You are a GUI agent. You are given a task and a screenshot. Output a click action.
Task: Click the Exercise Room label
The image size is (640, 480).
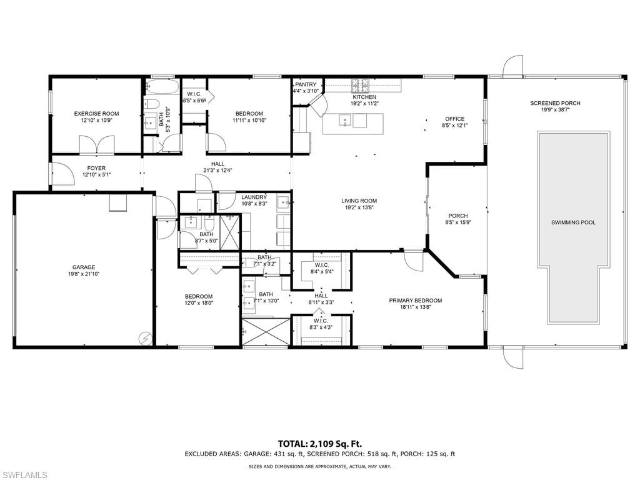[x=96, y=114]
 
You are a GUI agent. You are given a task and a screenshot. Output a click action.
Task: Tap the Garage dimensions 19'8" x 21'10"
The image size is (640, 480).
[x=84, y=274]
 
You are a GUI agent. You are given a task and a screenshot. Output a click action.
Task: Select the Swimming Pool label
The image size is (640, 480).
[x=573, y=222]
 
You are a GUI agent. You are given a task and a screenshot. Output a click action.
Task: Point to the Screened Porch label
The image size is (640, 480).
[x=555, y=103]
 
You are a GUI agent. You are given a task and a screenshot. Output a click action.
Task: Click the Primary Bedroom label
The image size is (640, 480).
[x=415, y=300]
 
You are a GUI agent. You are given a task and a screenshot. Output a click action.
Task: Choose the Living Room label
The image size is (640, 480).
[x=359, y=201]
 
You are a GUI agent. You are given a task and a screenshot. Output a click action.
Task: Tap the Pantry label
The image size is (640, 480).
[x=306, y=84]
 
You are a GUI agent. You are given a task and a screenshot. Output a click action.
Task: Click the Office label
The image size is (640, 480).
[x=454, y=119]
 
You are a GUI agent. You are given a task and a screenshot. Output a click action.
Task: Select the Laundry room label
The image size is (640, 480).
[x=254, y=197]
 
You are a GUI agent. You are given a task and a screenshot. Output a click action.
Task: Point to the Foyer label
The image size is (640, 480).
[x=96, y=168]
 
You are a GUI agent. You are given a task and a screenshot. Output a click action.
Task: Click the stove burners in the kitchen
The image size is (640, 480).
[x=359, y=84]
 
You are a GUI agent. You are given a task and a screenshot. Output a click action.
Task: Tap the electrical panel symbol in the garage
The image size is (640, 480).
[x=146, y=337]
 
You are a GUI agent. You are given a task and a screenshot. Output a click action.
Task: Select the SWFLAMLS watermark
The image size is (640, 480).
[x=24, y=475]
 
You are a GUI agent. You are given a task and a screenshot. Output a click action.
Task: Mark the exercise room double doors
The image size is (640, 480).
[x=97, y=146]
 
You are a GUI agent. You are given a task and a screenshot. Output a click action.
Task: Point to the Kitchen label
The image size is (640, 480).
[x=364, y=97]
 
